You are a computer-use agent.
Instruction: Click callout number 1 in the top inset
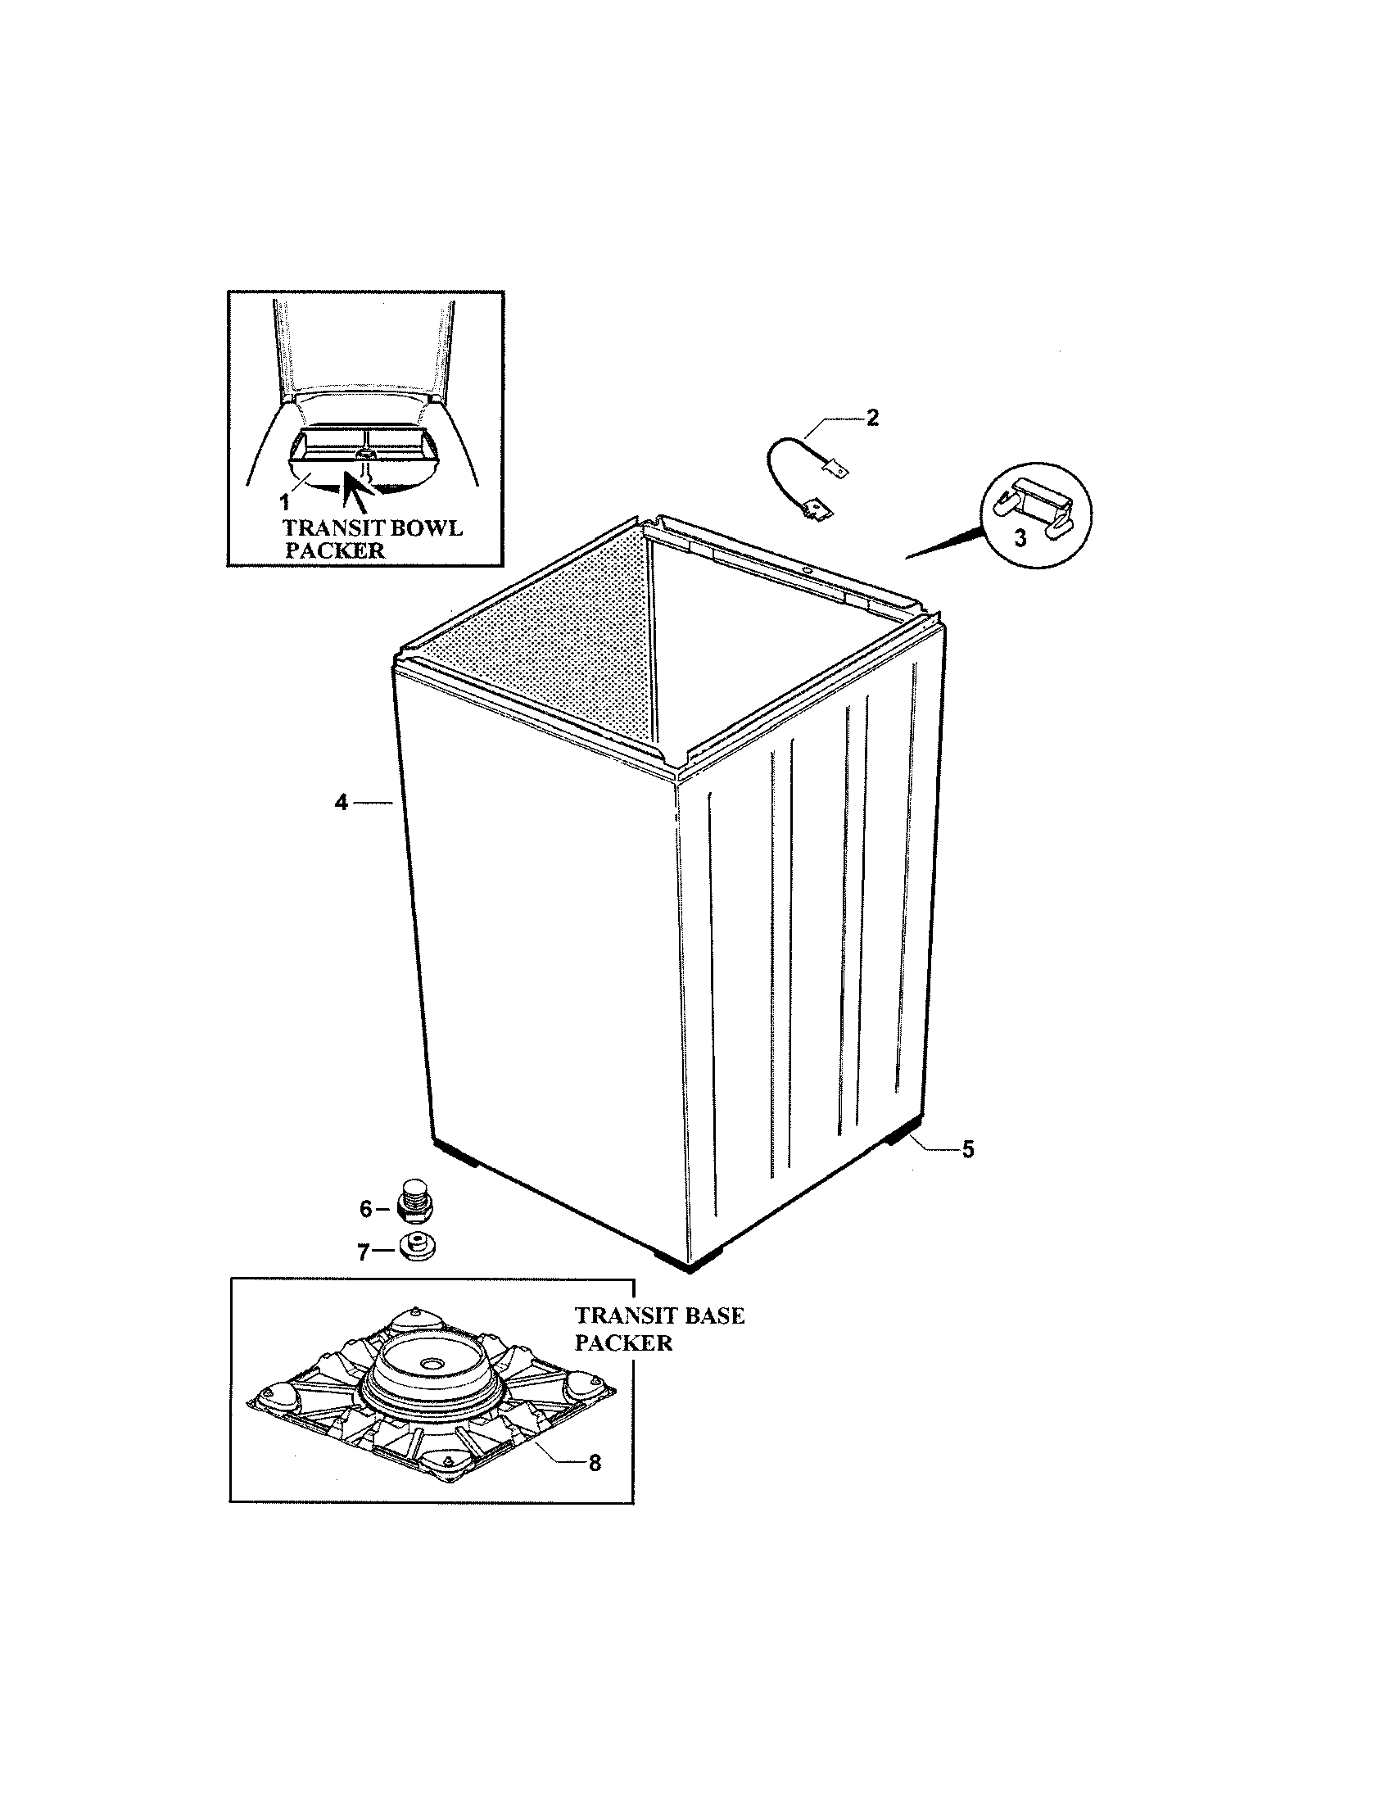pyautogui.click(x=283, y=500)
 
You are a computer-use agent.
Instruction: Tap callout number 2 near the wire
pyautogui.click(x=872, y=417)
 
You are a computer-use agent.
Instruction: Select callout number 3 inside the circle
pyautogui.click(x=1020, y=539)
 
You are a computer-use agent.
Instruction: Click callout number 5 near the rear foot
pyautogui.click(x=967, y=1148)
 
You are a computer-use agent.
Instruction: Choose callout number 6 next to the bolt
pyautogui.click(x=366, y=1209)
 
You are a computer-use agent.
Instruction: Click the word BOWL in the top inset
pyautogui.click(x=423, y=528)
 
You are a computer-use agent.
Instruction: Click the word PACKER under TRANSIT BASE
pyautogui.click(x=623, y=1343)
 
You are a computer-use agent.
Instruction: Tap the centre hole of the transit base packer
pyautogui.click(x=429, y=1365)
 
